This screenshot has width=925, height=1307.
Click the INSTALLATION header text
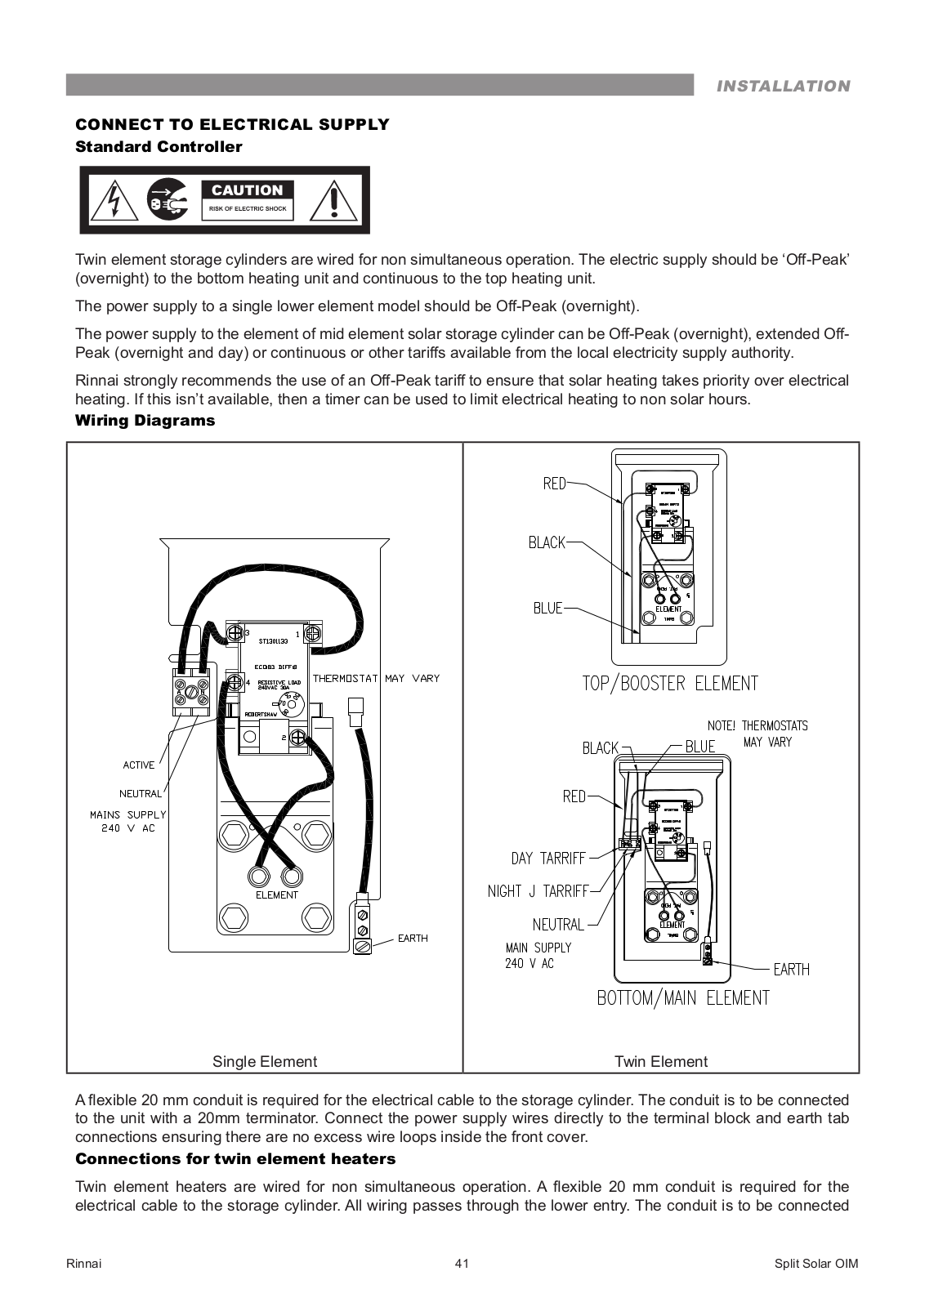[x=783, y=86]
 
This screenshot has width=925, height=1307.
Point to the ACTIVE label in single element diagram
[x=138, y=765]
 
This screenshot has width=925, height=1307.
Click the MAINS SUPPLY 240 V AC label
[x=127, y=821]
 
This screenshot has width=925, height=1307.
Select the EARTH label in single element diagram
[x=413, y=938]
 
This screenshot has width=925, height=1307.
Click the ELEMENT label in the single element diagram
[x=277, y=894]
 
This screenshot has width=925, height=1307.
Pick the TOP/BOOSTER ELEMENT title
[x=670, y=683]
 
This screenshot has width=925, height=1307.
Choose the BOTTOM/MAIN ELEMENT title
[x=683, y=997]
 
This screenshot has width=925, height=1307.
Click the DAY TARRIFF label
[x=548, y=858]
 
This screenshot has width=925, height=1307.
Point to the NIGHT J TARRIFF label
[x=537, y=891]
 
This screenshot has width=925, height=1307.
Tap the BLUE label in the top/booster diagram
[x=547, y=608]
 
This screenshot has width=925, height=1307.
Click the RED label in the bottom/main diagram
[x=574, y=796]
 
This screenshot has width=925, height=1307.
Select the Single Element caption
[x=265, y=1061]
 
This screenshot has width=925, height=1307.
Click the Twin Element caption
[x=661, y=1061]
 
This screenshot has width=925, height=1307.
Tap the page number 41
[x=462, y=1264]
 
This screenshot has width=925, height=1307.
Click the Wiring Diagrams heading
[x=145, y=421]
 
